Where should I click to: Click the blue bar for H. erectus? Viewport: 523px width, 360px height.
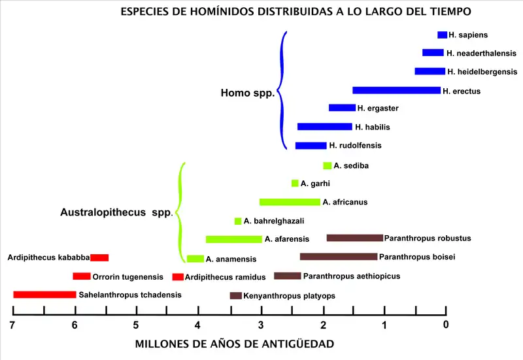pos(396,90)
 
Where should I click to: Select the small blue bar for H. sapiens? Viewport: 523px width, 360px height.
pos(442,35)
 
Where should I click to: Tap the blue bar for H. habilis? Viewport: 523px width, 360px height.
pos(324,127)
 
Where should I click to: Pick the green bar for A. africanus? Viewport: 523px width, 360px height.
pos(290,202)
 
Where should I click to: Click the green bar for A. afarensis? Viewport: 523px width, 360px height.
pos(233,239)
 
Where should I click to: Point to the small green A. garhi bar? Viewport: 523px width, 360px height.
pos(295,184)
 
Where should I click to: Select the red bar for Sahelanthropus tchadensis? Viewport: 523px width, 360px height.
pos(44,295)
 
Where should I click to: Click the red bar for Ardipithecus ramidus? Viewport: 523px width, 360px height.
pos(178,277)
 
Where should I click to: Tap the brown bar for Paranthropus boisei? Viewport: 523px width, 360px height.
pos(338,257)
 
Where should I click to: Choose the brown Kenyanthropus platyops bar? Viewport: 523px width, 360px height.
pos(236,296)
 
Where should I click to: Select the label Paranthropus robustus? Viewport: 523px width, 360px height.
pos(428,238)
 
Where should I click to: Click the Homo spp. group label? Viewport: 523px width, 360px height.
pos(247,93)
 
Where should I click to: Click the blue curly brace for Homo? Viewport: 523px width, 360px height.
pos(283,90)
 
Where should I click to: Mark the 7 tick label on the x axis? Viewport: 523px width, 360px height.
pos(12,325)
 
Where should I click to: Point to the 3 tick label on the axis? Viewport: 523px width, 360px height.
pos(260,325)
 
